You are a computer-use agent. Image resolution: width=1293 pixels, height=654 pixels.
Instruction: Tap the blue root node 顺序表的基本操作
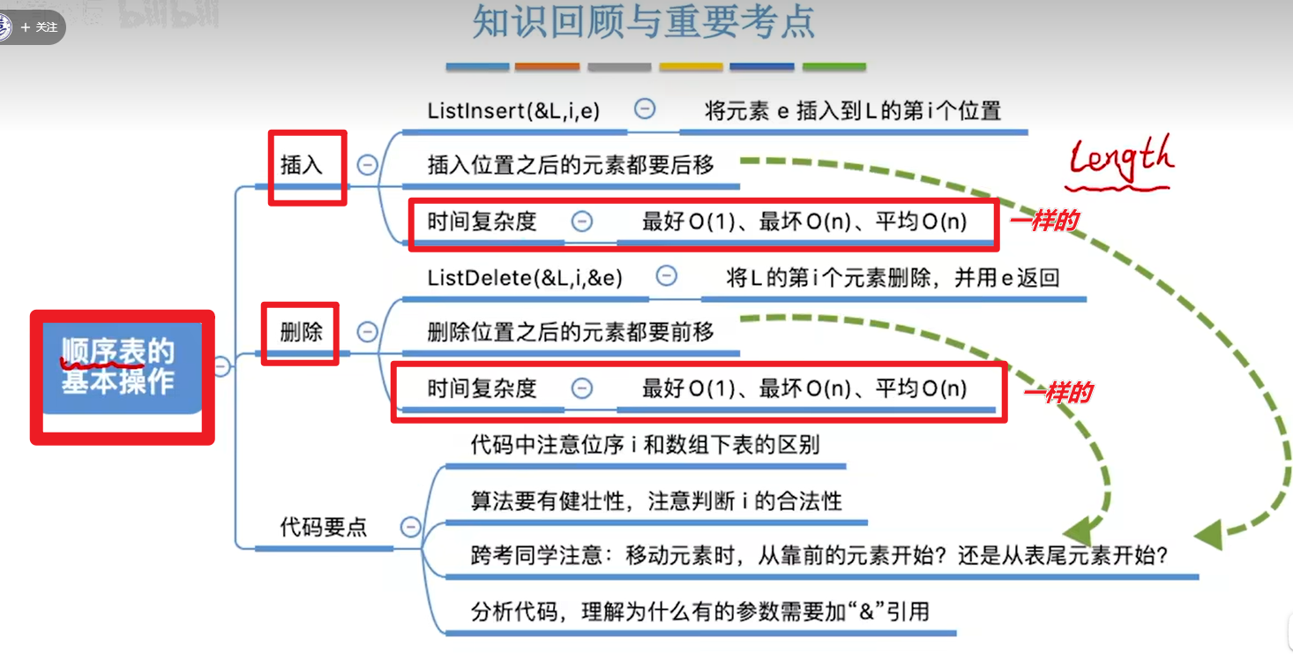click(x=118, y=366)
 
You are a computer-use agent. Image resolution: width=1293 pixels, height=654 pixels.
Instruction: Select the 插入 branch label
click(x=302, y=165)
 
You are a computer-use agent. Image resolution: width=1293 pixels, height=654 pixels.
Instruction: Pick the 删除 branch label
click(x=302, y=333)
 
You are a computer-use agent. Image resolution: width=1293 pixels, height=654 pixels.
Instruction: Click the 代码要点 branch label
click(x=323, y=528)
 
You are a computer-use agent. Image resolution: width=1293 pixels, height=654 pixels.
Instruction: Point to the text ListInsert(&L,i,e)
click(x=513, y=110)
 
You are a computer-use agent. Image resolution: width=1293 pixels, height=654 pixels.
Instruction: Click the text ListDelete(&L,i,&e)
click(x=525, y=278)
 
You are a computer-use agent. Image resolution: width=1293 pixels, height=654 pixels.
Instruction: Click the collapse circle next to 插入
click(x=367, y=165)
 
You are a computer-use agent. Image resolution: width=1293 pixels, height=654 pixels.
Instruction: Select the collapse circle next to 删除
click(x=367, y=333)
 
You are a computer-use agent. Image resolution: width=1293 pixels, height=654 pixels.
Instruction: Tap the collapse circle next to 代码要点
click(x=410, y=528)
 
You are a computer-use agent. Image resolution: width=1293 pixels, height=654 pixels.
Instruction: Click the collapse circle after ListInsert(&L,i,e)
click(x=645, y=109)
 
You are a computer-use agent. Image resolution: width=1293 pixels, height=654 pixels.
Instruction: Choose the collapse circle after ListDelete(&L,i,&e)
click(x=667, y=277)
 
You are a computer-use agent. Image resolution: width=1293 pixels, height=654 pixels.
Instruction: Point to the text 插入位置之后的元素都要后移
click(x=571, y=165)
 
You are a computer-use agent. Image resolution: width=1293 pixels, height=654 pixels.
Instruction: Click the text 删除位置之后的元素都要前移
click(x=571, y=333)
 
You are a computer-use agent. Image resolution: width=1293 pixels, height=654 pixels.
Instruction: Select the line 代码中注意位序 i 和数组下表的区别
click(x=645, y=445)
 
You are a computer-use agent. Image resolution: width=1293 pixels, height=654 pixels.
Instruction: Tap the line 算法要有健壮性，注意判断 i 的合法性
click(x=656, y=501)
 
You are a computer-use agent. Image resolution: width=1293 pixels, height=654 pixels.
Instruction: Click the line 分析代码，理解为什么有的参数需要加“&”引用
click(x=700, y=611)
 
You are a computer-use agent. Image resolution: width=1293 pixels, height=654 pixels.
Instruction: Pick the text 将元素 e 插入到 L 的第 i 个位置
click(x=853, y=111)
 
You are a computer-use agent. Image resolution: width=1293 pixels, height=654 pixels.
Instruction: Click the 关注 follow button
click(x=40, y=27)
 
